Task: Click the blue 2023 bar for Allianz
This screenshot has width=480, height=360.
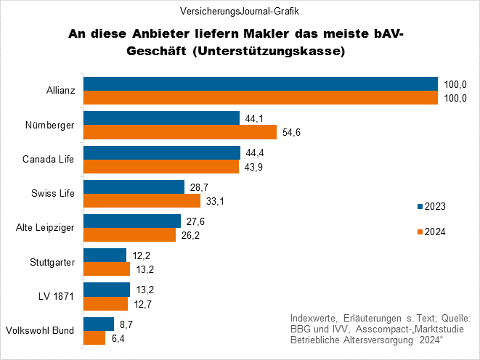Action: [260, 84]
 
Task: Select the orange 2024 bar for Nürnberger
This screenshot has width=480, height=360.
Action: [180, 132]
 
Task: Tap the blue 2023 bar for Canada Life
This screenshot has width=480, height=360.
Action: [161, 152]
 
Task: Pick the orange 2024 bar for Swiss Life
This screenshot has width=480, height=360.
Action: [131, 200]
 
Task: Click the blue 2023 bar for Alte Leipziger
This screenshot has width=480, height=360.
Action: [132, 221]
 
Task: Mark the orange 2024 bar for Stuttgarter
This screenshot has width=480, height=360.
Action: [107, 269]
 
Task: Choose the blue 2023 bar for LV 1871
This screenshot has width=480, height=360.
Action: [107, 289]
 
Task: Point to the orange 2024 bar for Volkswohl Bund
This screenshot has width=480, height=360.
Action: [94, 337]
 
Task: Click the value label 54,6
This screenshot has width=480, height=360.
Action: [293, 132]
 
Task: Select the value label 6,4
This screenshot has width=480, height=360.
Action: [119, 337]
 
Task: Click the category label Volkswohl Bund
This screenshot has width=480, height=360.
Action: [40, 330]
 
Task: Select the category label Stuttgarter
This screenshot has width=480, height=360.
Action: [52, 262]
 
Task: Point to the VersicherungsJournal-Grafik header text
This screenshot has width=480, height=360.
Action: [240, 12]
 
